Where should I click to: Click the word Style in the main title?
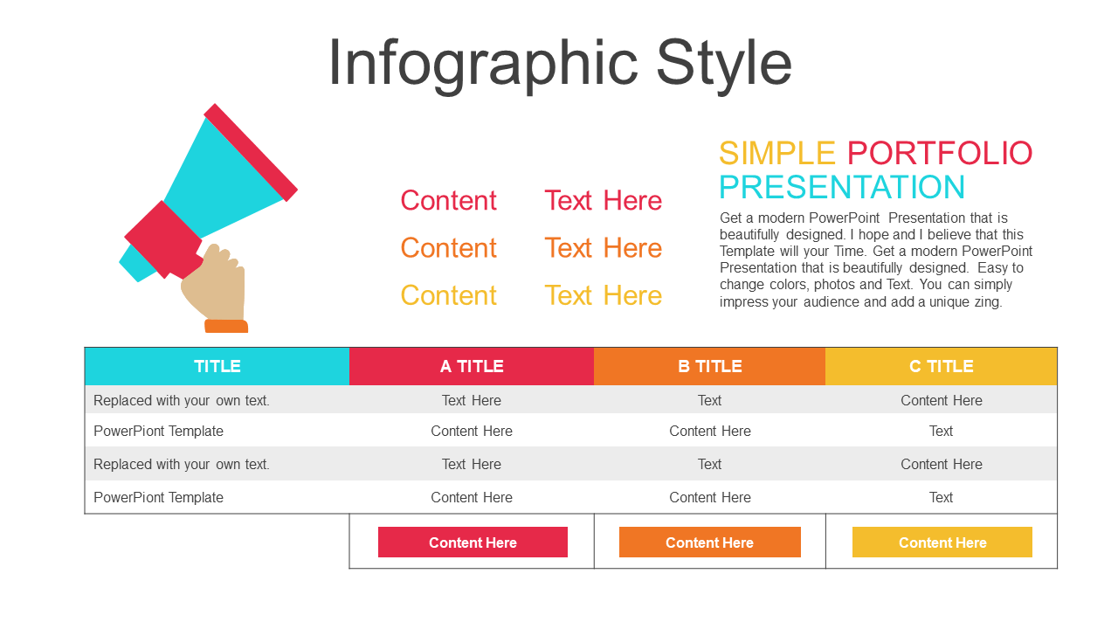(724, 64)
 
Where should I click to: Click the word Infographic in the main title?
(483, 64)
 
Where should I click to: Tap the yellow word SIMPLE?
(777, 153)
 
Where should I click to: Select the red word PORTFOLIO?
(940, 153)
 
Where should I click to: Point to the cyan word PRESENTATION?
(842, 187)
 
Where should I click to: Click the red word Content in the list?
(448, 200)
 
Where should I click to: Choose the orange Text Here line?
(603, 247)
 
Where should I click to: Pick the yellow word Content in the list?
(448, 295)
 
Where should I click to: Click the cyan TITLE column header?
(217, 366)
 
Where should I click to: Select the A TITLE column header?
(472, 366)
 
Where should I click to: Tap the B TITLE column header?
(710, 366)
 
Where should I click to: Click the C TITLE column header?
(942, 366)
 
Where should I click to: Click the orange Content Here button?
(710, 543)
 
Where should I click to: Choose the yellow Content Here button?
(942, 543)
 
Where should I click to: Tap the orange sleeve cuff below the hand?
(226, 326)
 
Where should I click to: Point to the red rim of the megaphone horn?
(251, 152)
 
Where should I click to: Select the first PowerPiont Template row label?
(158, 431)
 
